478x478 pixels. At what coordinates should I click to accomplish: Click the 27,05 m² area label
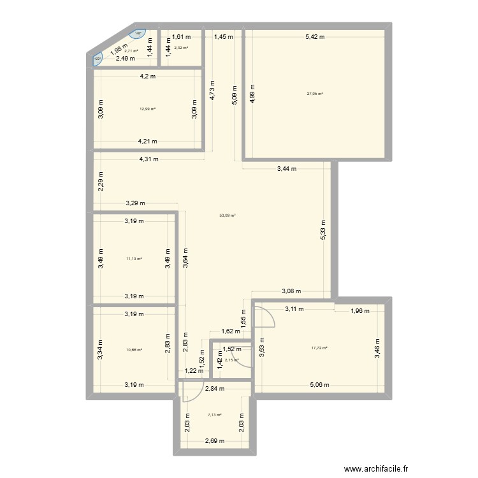pyautogui.click(x=314, y=94)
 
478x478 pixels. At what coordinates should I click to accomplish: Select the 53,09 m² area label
pyautogui.click(x=228, y=215)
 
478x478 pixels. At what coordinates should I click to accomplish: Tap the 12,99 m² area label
pyautogui.click(x=148, y=108)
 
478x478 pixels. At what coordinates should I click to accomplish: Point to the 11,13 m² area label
pyautogui.click(x=134, y=259)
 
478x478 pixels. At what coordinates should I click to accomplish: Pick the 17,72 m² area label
pyautogui.click(x=319, y=348)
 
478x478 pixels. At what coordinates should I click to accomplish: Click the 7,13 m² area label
pyautogui.click(x=215, y=415)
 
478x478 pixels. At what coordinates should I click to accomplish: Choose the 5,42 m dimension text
pyautogui.click(x=314, y=37)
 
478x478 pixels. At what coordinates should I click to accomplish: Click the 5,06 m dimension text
pyautogui.click(x=319, y=384)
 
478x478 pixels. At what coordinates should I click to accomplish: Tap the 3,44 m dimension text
pyautogui.click(x=286, y=169)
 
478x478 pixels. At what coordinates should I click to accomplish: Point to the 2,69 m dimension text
pyautogui.click(x=215, y=440)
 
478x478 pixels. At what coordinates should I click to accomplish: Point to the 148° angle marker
pyautogui.click(x=138, y=35)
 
